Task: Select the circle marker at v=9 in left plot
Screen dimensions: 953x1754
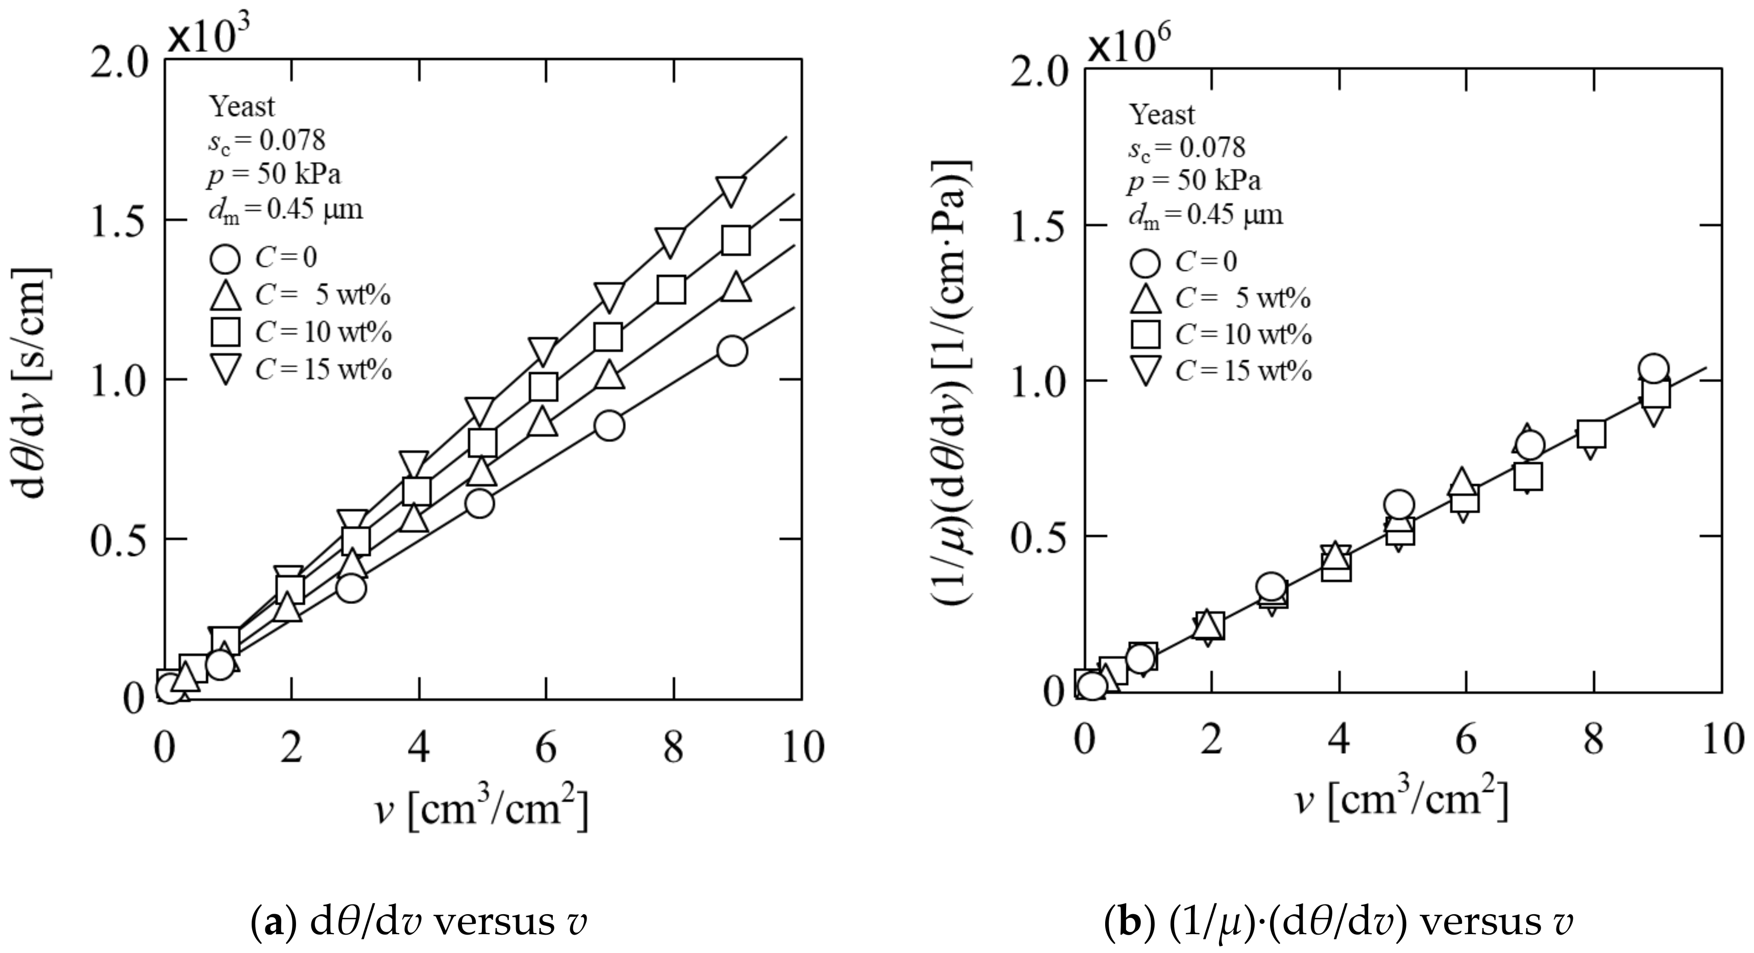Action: [732, 351]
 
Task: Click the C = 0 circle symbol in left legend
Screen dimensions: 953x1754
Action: [226, 259]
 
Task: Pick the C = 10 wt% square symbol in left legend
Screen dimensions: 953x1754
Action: [226, 332]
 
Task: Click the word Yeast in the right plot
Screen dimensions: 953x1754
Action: [1162, 114]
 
